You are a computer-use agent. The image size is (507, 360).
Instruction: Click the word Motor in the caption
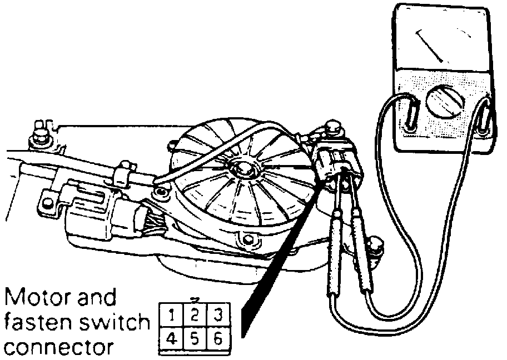[39, 298]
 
